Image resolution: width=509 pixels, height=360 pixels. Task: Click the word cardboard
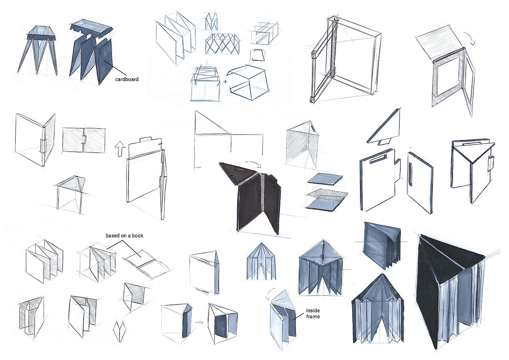[127, 79]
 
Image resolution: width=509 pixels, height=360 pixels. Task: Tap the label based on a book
[124, 236]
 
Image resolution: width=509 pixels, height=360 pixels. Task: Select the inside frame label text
[313, 313]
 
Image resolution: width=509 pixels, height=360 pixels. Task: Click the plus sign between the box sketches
[225, 81]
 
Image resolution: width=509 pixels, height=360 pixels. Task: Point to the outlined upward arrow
[120, 149]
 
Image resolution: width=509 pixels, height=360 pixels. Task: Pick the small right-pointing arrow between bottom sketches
[199, 322]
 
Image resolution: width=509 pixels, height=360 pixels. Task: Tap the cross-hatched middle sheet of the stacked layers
[326, 193]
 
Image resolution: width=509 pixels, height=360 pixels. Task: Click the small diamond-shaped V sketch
[119, 330]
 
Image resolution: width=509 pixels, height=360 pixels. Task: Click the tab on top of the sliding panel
[146, 139]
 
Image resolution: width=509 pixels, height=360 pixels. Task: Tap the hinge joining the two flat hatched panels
[84, 140]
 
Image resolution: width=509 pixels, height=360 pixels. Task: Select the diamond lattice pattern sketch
[222, 44]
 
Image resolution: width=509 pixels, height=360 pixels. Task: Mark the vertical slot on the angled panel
[410, 174]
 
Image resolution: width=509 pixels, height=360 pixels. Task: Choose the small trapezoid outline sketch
[258, 55]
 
